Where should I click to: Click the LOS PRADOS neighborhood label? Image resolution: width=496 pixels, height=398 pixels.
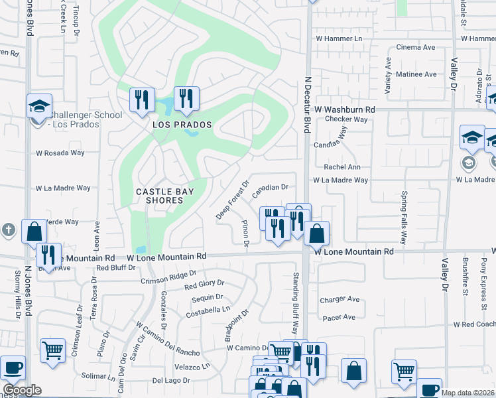click(x=182, y=125)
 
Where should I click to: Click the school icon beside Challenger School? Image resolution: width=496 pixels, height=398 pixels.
click(x=39, y=107)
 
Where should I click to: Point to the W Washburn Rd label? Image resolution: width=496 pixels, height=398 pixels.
click(x=345, y=109)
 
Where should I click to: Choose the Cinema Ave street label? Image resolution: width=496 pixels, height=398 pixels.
click(x=415, y=48)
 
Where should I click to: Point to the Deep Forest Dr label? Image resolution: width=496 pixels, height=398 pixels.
click(x=232, y=200)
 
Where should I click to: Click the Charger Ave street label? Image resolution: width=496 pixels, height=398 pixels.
click(x=340, y=299)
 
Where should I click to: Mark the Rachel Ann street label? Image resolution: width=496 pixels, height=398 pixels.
click(x=342, y=167)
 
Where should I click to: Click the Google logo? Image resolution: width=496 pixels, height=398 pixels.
click(x=22, y=390)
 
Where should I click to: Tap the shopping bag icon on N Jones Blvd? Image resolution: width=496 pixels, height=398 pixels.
click(x=34, y=232)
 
